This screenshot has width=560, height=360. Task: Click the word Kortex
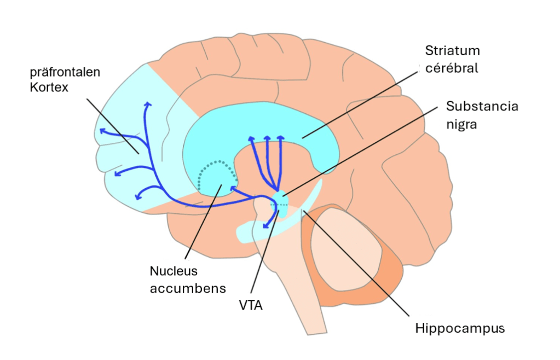coord(49,86)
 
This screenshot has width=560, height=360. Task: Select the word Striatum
coord(452,51)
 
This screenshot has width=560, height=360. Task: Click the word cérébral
coord(452,68)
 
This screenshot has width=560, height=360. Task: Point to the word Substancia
coord(482,106)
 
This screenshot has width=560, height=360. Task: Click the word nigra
coord(461,124)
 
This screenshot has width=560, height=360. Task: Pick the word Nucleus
coord(173,270)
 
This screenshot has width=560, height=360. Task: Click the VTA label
coord(252,305)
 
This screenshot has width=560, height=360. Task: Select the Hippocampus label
coord(460,329)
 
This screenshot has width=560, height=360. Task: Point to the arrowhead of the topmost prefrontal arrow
coord(147,103)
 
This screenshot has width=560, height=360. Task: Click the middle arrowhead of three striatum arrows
coord(267,138)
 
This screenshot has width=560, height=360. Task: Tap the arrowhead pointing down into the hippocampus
coord(265,225)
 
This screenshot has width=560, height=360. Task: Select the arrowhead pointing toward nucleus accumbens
coord(232,188)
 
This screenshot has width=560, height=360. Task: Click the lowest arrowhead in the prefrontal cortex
coord(137,196)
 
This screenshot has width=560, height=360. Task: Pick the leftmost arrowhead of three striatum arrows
coord(252,139)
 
